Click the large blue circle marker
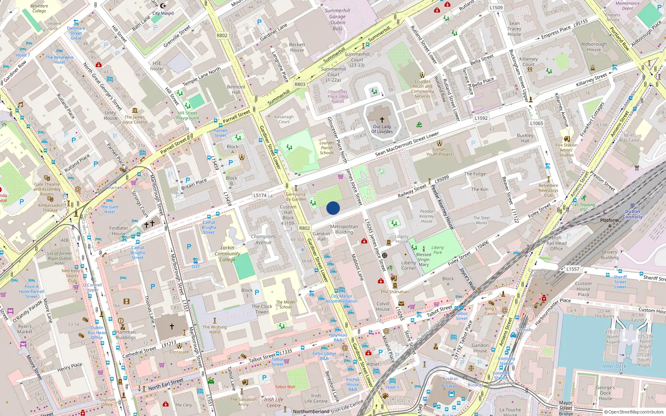[x=333, y=208]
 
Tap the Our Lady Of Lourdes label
[x=382, y=129]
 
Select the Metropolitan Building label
[x=344, y=229]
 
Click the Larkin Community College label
[x=227, y=253]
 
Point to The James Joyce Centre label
[x=135, y=120]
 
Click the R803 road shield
[x=300, y=84]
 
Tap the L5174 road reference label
[x=260, y=195]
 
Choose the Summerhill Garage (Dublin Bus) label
[x=337, y=20]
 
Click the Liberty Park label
[x=437, y=250]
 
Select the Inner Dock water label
[x=614, y=366]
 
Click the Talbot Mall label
[x=285, y=387]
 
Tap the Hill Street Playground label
[x=188, y=115]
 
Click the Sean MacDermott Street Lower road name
[x=407, y=144]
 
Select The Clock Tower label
[x=262, y=309]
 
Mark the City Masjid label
[x=163, y=13]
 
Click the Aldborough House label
[x=594, y=47]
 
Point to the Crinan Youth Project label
[x=439, y=152]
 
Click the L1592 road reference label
[x=481, y=118]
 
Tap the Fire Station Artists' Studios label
[x=566, y=150]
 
